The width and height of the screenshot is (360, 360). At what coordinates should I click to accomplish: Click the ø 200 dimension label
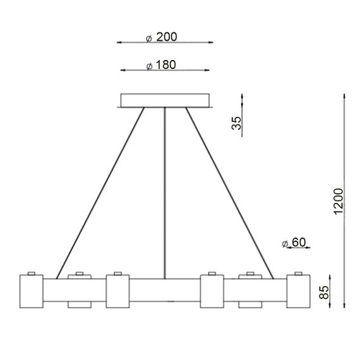tap(160, 37)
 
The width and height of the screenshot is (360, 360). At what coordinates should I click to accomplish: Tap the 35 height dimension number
tap(237, 123)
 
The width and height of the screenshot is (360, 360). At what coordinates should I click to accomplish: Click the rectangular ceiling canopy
tap(165, 100)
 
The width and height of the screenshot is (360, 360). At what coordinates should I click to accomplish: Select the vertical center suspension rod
tap(165, 189)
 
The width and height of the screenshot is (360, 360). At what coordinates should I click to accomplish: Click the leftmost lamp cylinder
tap(31, 291)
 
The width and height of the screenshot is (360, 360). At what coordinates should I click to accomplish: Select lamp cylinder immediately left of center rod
tap(117, 291)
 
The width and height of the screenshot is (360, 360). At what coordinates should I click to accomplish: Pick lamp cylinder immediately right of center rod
tap(211, 291)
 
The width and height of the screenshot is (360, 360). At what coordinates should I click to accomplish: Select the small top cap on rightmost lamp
tap(298, 273)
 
